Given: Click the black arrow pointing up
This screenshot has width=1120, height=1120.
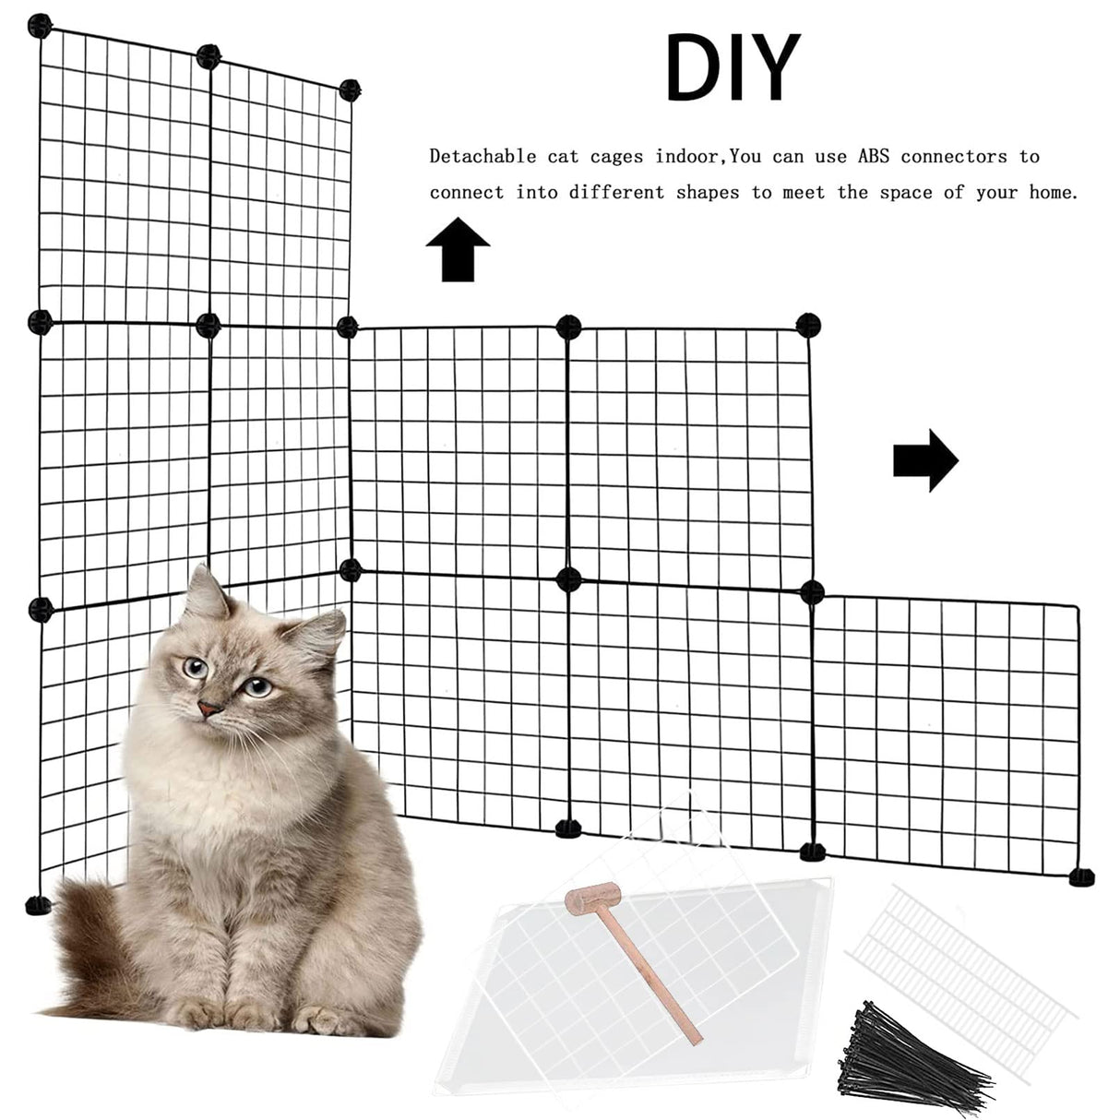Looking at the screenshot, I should tap(458, 249).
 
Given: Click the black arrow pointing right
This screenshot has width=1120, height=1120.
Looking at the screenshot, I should tap(926, 460).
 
